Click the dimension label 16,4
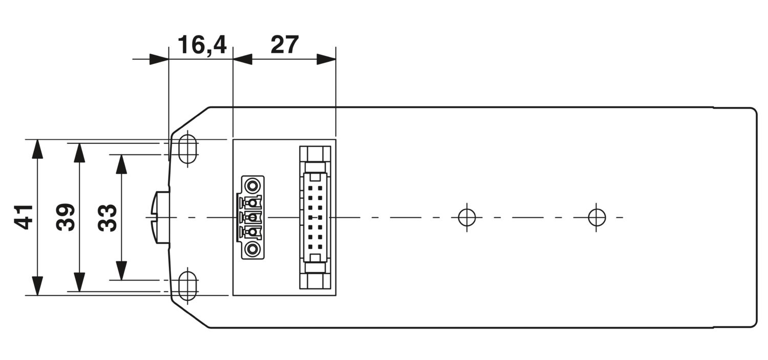tap(202, 45)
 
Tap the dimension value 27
tap(285, 45)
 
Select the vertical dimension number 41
tap(24, 217)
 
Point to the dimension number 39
tap(66, 217)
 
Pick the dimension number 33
tap(108, 217)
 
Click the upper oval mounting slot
tap(188, 148)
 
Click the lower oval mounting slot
tap(188, 286)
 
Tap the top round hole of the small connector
tap(251, 185)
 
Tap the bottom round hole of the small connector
tap(251, 249)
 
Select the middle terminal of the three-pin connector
tap(250, 217)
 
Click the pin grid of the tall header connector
tap(315, 218)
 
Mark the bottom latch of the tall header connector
tap(315, 280)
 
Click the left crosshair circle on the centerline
tap(466, 217)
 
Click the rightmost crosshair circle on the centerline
tap(596, 217)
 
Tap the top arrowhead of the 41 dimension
tap(37, 149)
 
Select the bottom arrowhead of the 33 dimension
tap(121, 271)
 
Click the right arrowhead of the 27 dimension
tap(326, 59)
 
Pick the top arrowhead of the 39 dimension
tap(79, 153)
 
